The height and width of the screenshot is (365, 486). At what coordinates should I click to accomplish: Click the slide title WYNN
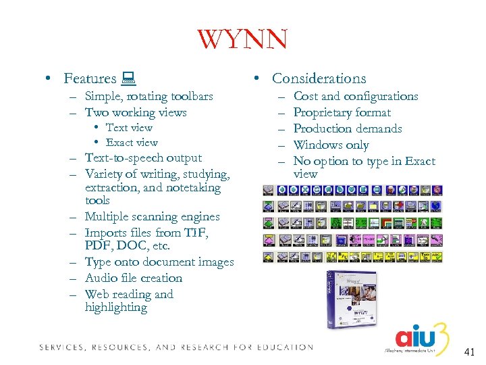242,39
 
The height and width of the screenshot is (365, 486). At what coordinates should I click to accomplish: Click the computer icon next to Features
127,79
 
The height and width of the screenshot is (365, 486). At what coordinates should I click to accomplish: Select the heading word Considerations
319,78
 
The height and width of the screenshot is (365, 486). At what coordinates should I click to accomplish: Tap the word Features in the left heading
90,79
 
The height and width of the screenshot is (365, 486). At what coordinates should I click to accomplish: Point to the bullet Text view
129,128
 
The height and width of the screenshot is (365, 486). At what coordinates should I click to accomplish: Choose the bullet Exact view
132,143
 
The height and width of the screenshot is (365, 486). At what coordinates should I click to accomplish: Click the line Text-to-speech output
143,158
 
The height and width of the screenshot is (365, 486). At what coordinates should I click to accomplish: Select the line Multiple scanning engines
152,217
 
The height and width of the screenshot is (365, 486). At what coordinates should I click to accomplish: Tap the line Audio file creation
134,278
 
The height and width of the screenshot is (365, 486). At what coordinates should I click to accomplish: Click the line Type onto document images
159,262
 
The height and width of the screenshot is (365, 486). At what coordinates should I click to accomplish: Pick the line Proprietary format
342,113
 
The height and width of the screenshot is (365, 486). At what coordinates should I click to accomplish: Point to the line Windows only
331,145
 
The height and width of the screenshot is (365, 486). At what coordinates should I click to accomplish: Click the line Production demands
348,128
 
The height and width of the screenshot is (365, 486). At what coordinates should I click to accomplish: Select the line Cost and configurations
356,97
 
